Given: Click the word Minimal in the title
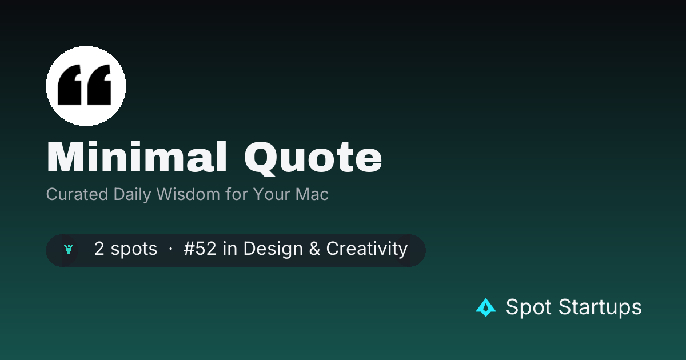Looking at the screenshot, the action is (x=137, y=157).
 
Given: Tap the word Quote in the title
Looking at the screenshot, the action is (x=313, y=159).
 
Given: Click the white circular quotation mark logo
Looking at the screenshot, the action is (x=86, y=86).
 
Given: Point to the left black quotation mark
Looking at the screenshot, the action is (x=70, y=85).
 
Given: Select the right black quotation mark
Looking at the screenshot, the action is (x=99, y=85).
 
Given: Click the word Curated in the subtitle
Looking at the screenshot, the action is (x=77, y=194).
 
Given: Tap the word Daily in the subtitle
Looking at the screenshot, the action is (x=132, y=195).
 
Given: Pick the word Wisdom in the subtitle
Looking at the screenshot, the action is (x=188, y=194).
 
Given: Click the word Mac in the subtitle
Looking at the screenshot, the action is (x=312, y=194).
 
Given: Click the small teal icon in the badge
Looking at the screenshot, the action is (x=69, y=249).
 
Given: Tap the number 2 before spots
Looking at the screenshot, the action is (x=99, y=249).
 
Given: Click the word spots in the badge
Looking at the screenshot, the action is (x=134, y=250).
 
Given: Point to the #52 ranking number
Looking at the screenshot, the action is (x=200, y=249).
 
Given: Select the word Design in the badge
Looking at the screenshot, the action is (x=273, y=250).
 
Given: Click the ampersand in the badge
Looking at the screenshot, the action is (x=314, y=249).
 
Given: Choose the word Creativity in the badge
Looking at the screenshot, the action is (x=366, y=250).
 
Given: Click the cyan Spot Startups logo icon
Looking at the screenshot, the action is (x=486, y=307).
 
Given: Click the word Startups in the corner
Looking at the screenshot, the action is (x=600, y=307).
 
